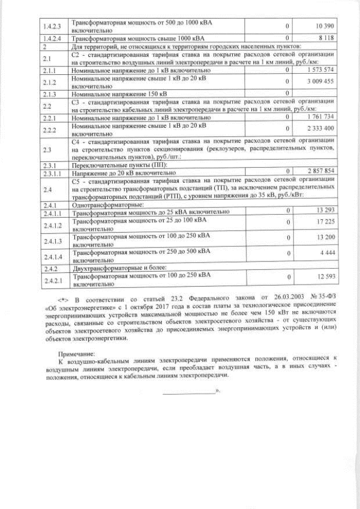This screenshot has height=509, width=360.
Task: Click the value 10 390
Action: pos(325,26)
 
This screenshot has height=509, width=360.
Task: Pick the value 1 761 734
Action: pos(321,116)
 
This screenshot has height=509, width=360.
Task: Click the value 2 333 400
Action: pos(322,129)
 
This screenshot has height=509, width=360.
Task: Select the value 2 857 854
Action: pos(321,170)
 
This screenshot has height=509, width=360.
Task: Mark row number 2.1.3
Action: pos(51,93)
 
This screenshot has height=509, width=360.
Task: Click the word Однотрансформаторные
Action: pos(108,205)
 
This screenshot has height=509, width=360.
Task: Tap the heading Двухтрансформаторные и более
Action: pos(121,268)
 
